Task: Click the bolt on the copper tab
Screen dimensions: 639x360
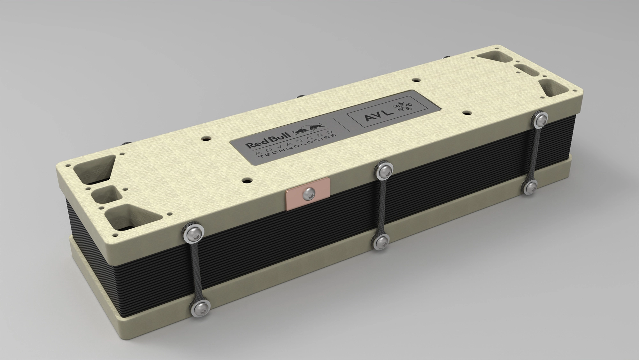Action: point(309,192)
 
